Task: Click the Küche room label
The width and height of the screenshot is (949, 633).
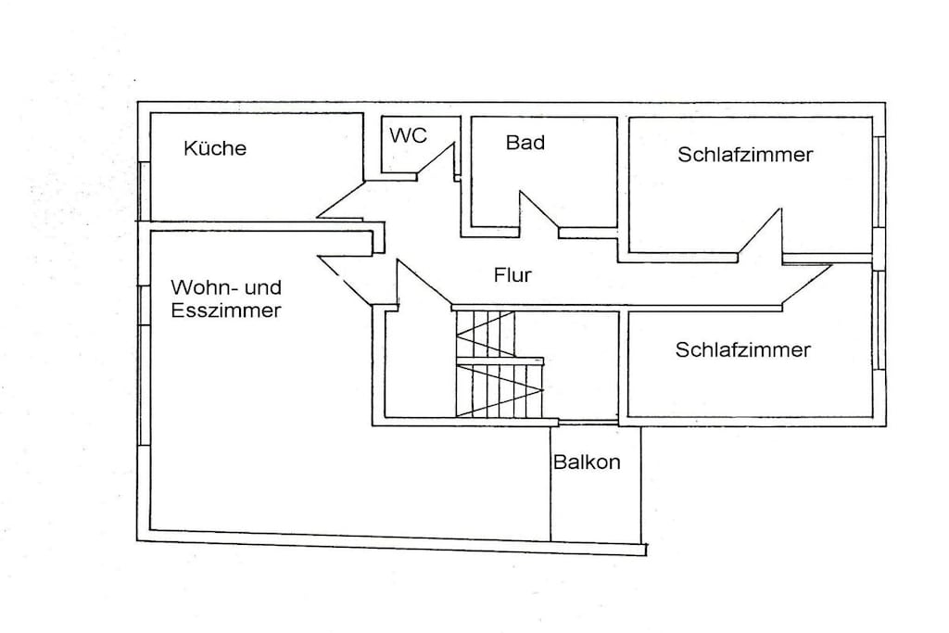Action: click(215, 147)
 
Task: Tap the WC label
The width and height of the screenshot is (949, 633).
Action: click(408, 135)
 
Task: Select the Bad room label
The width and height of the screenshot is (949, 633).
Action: click(525, 142)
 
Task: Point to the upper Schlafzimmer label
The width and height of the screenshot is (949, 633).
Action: click(745, 155)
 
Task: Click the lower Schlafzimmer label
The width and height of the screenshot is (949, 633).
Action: click(742, 349)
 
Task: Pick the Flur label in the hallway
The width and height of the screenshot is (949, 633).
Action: click(512, 274)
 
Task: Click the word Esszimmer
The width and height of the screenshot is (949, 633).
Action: click(226, 310)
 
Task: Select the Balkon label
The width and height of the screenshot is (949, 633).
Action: click(587, 462)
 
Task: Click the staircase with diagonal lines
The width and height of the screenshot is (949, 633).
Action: click(500, 363)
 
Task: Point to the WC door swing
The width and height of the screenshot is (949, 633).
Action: click(436, 161)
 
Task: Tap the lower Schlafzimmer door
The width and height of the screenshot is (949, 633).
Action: click(807, 285)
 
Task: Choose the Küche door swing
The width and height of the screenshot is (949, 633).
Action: click(340, 200)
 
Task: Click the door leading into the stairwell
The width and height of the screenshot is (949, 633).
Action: click(424, 283)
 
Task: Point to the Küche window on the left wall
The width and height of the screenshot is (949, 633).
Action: click(144, 191)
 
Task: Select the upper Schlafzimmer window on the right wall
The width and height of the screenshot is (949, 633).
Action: click(879, 182)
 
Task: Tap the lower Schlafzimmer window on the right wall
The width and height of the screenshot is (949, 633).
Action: click(879, 320)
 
